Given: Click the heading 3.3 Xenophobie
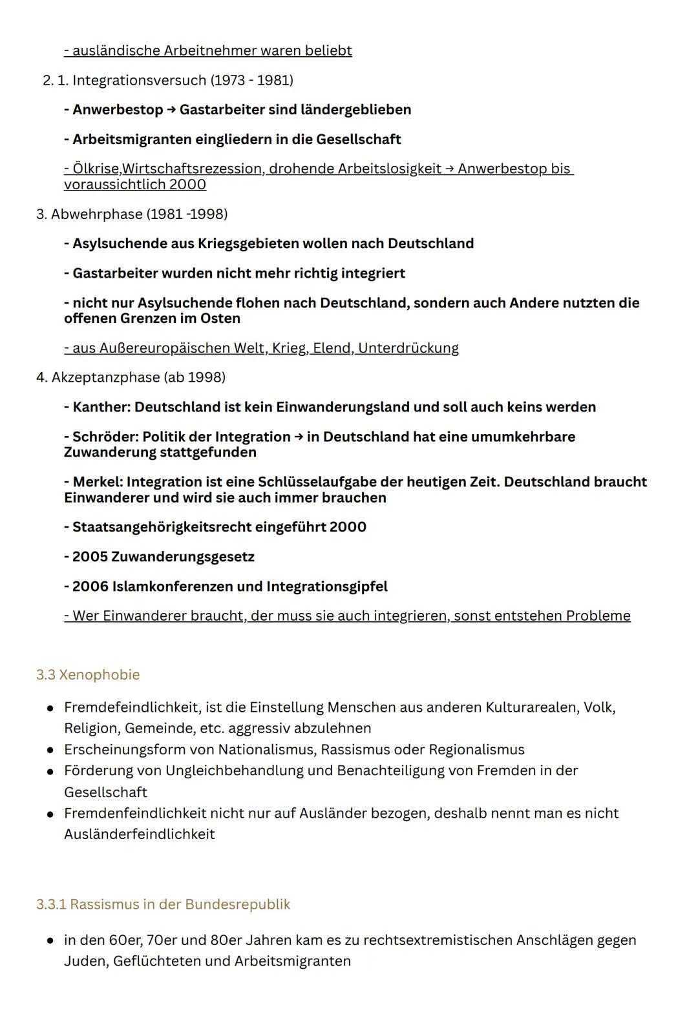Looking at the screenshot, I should [x=88, y=674].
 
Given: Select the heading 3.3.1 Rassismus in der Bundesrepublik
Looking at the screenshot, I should [x=163, y=904].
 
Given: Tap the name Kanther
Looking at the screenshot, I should [x=101, y=407].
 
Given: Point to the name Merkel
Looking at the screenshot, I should [x=97, y=482].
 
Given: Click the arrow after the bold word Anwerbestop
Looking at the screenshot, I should [x=171, y=110].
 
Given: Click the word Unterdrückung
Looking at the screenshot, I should [x=408, y=348].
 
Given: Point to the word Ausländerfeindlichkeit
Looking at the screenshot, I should [x=139, y=834].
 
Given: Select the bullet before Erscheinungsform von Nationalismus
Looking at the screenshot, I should [x=50, y=751].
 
